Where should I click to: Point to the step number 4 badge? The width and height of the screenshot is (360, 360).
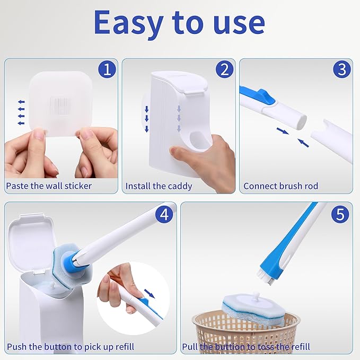click(165, 214)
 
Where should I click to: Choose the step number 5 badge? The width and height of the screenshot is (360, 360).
click(340, 214)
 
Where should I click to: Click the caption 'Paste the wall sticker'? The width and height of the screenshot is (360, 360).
click(49, 186)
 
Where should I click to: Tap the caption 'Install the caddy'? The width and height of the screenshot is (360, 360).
click(159, 186)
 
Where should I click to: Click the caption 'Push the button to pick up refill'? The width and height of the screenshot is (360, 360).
click(70, 347)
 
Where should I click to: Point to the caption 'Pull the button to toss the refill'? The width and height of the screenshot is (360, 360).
click(246, 347)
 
